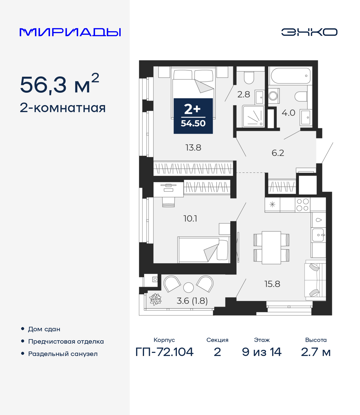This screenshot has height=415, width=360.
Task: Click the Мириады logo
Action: pyautogui.click(x=70, y=32)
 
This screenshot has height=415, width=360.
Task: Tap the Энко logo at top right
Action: pyautogui.click(x=309, y=32)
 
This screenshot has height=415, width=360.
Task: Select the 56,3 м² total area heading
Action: pyautogui.click(x=59, y=84)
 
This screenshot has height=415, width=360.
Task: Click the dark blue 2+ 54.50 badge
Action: pyautogui.click(x=193, y=116)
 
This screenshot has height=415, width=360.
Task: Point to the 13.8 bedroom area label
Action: pyautogui.click(x=193, y=148)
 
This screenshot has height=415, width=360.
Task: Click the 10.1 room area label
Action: pyautogui.click(x=190, y=218)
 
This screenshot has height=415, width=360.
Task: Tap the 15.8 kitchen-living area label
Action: pyautogui.click(x=272, y=284)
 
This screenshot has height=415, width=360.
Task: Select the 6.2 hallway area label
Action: pyautogui.click(x=278, y=153)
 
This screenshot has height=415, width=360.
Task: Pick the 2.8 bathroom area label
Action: pyautogui.click(x=244, y=94)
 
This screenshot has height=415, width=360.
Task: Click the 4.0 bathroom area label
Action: pyautogui.click(x=288, y=113)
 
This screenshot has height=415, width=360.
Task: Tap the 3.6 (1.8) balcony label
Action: pyautogui.click(x=192, y=301)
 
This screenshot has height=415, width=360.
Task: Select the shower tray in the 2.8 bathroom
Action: pyautogui.click(x=253, y=116)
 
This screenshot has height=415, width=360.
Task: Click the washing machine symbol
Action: pyautogui.click(x=273, y=96)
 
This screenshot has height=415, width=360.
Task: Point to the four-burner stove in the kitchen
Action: pyautogui.click(x=303, y=205)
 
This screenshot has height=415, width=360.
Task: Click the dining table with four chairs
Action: pyautogui.click(x=271, y=247)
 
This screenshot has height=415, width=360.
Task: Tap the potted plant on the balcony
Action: pyautogui.click(x=156, y=299)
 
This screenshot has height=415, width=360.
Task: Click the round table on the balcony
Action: pyautogui.click(x=188, y=287)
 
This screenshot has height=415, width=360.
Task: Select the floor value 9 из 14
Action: pyautogui.click(x=262, y=352)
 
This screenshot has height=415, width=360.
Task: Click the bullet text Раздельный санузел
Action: pyautogui.click(x=63, y=354)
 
